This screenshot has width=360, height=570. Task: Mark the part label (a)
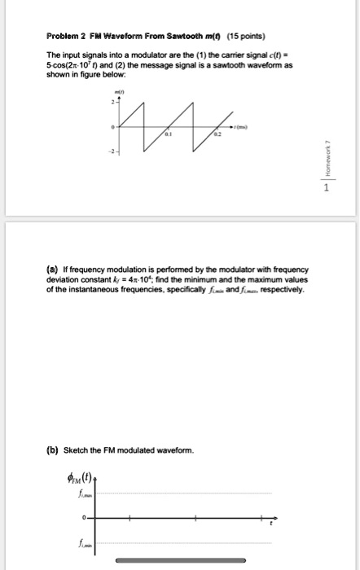pyautogui.click(x=57, y=269)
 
